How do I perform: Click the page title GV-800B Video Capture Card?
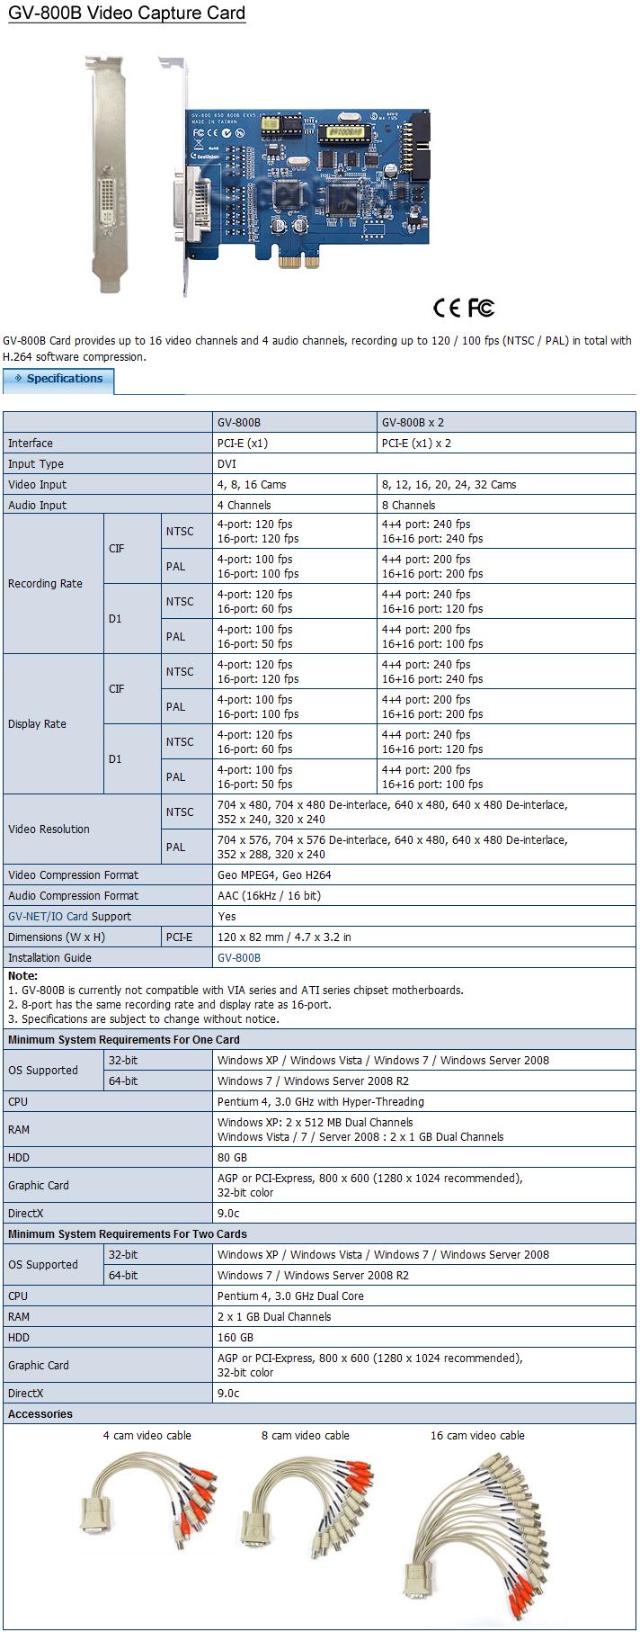click(x=127, y=13)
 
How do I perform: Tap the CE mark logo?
click(x=447, y=308)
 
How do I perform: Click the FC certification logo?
click(x=481, y=308)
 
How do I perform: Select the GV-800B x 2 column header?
click(x=413, y=422)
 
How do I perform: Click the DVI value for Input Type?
click(x=227, y=463)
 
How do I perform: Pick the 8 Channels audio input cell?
click(x=408, y=505)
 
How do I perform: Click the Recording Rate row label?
click(x=45, y=583)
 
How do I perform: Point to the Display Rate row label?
click(x=37, y=723)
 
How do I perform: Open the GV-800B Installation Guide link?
click(x=239, y=957)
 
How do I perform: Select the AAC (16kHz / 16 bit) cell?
click(x=269, y=895)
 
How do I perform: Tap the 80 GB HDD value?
click(x=232, y=1157)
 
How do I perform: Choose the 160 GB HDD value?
click(x=236, y=1337)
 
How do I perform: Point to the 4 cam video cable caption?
click(x=147, y=1435)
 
